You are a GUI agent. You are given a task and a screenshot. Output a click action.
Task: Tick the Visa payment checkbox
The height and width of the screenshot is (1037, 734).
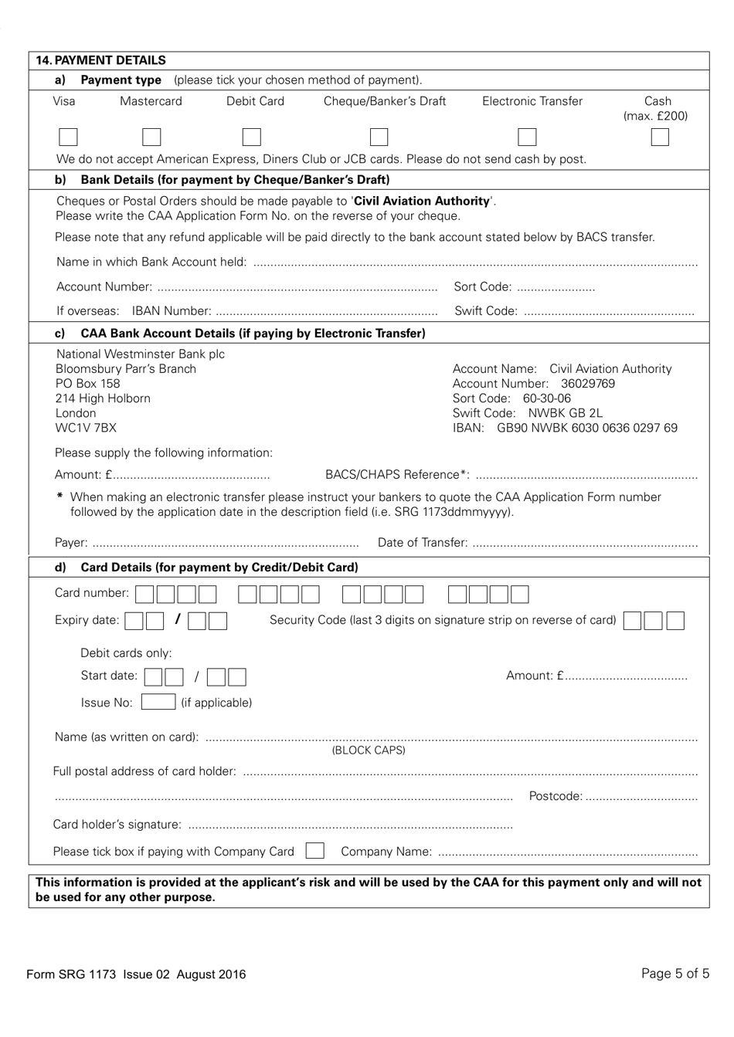point(68,137)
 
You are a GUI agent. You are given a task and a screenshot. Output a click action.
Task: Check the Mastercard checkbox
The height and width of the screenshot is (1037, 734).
point(151,137)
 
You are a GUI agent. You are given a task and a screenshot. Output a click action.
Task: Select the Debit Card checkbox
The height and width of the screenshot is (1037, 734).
point(251,137)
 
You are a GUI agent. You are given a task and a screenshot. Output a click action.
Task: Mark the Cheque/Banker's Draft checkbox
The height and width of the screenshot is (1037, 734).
point(379,137)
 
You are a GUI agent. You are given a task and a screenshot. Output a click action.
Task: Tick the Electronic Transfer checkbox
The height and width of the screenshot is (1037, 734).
point(527,137)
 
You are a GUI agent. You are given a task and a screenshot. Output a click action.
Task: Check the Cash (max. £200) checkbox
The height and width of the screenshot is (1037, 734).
point(659,137)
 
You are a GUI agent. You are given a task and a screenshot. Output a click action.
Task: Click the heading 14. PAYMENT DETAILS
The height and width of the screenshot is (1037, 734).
point(101,60)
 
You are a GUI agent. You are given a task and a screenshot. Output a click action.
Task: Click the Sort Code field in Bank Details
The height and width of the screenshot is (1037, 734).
point(556,287)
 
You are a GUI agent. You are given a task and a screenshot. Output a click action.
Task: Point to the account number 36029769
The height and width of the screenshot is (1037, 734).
point(588,384)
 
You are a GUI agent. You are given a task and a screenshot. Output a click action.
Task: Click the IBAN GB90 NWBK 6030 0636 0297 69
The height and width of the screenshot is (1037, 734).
point(586,428)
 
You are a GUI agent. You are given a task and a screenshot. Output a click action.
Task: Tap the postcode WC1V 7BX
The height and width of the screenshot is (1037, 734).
point(86,428)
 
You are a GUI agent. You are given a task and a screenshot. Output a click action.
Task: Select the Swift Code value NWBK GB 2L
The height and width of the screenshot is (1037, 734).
point(565,413)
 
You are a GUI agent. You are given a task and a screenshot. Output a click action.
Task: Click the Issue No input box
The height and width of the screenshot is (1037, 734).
point(158,702)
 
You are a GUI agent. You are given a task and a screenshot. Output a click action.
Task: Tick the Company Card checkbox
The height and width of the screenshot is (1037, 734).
point(314,851)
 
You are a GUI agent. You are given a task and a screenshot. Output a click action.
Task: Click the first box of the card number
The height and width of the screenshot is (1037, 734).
point(144,594)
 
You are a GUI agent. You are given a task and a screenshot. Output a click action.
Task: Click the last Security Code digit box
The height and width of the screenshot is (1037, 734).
point(675,621)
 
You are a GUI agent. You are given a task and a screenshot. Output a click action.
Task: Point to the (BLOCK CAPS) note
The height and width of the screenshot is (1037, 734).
point(368,751)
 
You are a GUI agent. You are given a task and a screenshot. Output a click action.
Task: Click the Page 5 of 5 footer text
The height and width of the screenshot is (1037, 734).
point(675,974)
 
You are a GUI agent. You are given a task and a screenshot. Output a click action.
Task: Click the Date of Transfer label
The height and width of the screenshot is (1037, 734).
point(422,543)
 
